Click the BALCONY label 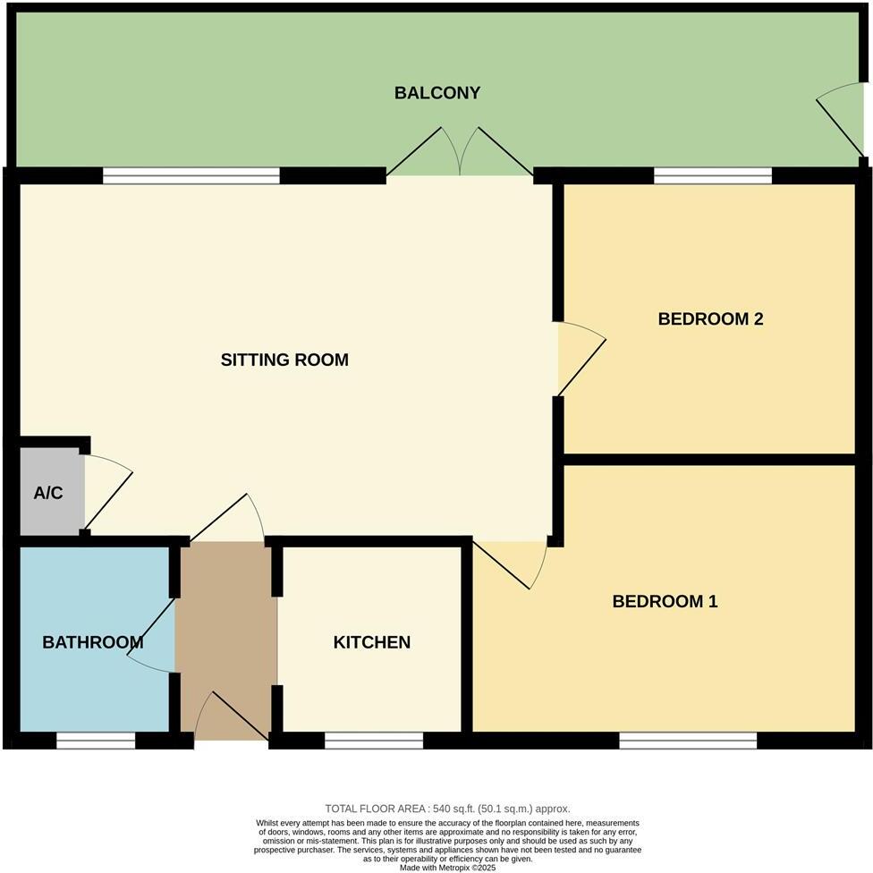pos(437,93)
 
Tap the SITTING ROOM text pos(284,360)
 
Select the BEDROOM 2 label pos(710,319)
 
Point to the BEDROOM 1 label pos(665,602)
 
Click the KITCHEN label pos(371,642)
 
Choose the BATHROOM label pos(92,642)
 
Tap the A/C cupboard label pos(48,493)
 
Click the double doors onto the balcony pos(460,154)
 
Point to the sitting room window pos(191,176)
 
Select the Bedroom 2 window pos(712,176)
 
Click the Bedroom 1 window pos(687,740)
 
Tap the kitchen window pos(373,740)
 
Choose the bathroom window pos(96,740)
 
